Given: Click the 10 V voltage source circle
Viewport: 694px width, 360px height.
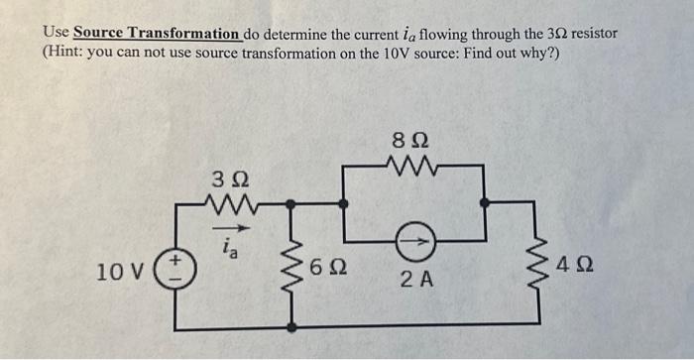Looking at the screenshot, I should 176,269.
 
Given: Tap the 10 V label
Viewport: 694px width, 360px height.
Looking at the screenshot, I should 123,270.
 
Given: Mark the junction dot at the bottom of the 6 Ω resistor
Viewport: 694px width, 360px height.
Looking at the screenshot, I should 292,325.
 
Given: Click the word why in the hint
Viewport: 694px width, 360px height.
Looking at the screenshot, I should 532,53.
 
